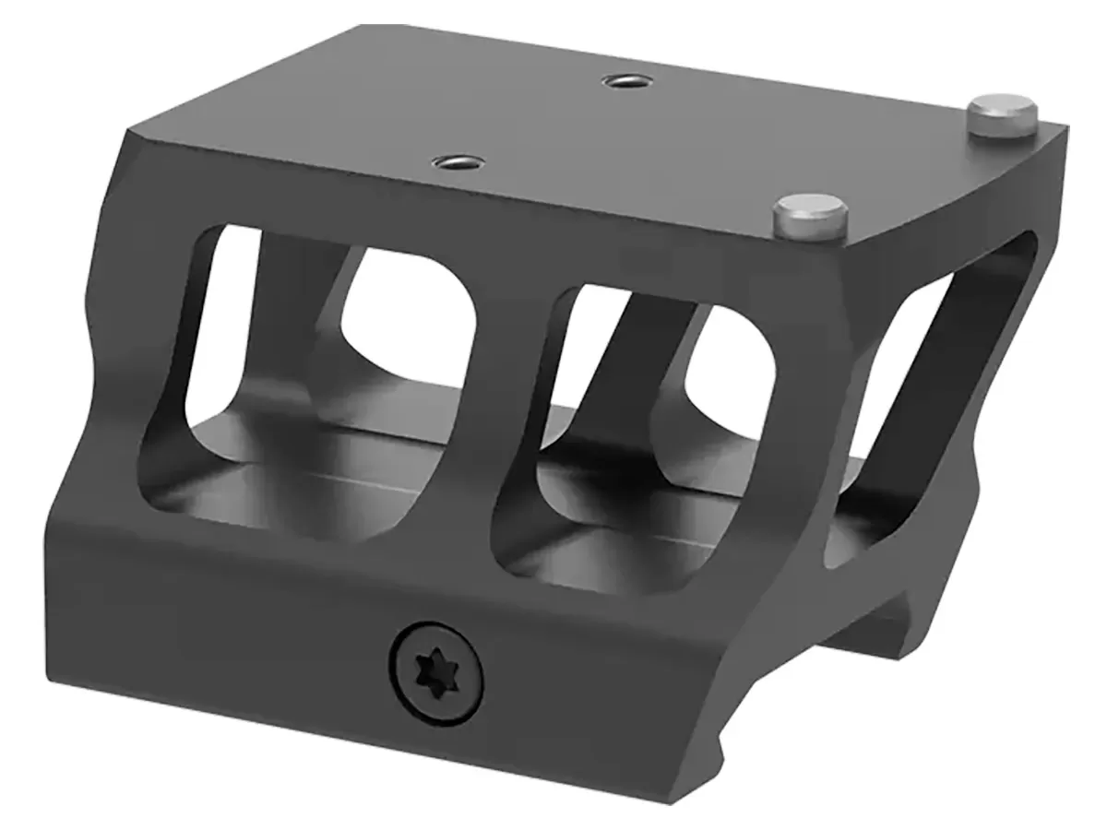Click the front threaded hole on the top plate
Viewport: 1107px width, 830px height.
pos(451,164)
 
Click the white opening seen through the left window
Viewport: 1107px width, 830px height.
pos(406,314)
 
